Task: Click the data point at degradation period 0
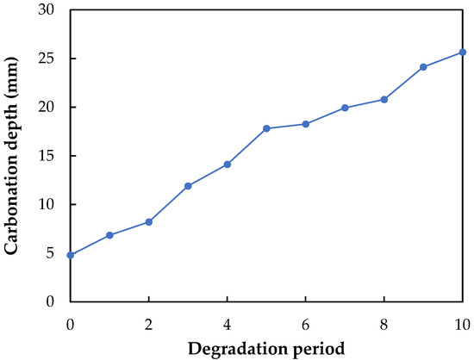coord(70,255)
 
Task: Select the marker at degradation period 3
coord(188,186)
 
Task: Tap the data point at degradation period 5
coord(266,128)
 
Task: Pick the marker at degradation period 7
coord(345,108)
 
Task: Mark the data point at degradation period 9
coord(423,67)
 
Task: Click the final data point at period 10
coord(463,53)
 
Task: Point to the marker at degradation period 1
coord(109,235)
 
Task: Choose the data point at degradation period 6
coord(306,124)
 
